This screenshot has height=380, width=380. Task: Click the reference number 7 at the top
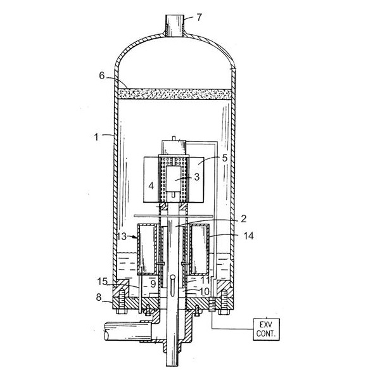click(x=199, y=18)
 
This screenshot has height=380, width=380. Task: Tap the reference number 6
click(x=102, y=76)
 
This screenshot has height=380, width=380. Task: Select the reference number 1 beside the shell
click(x=96, y=137)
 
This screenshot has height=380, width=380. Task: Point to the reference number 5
click(x=225, y=158)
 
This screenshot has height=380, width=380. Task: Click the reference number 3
click(x=197, y=177)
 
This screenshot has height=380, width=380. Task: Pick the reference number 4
click(x=151, y=186)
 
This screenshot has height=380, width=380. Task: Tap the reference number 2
click(x=244, y=218)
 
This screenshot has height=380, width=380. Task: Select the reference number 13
click(x=122, y=236)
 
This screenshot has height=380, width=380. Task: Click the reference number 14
click(x=249, y=236)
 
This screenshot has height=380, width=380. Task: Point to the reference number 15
click(x=102, y=282)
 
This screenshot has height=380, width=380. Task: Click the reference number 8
click(x=99, y=297)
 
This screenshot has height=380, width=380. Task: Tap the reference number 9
click(x=153, y=284)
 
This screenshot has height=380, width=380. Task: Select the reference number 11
click(x=205, y=280)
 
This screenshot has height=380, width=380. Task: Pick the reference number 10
click(x=205, y=292)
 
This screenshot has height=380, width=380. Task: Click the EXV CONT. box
click(x=267, y=329)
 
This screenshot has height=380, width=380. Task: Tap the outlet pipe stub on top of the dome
click(x=175, y=26)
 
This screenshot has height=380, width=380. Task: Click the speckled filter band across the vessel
click(x=174, y=94)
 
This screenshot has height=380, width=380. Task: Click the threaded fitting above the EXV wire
click(x=212, y=304)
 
